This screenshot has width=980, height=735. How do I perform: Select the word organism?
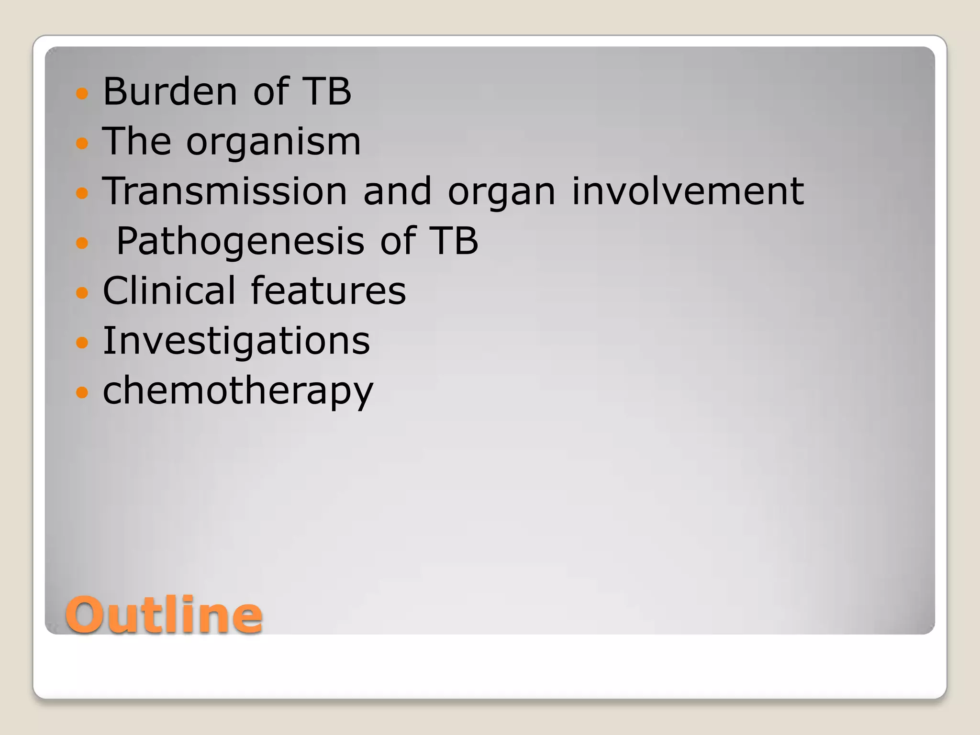(x=273, y=143)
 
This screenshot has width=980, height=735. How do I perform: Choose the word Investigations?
(x=236, y=341)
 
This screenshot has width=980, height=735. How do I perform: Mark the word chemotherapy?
(x=238, y=391)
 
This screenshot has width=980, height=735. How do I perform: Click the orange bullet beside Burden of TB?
(x=82, y=93)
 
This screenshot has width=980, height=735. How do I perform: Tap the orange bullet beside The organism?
(x=82, y=143)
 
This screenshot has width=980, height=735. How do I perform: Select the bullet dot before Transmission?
(x=82, y=193)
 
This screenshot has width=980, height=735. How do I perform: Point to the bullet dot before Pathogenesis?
(x=82, y=243)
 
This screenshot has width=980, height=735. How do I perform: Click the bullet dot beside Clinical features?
(x=82, y=292)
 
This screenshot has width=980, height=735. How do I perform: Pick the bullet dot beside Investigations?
(x=82, y=343)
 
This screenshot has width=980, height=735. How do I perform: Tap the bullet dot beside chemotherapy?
(x=82, y=392)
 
